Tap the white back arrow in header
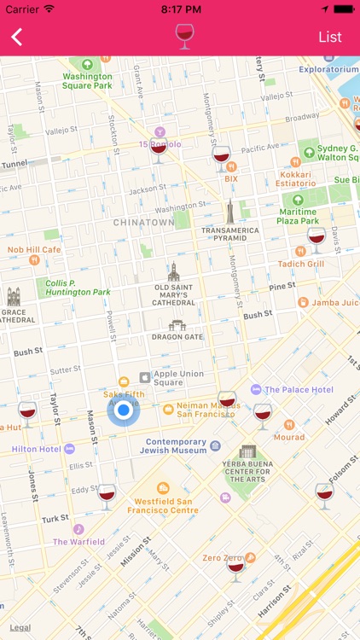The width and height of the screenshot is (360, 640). tap(17, 37)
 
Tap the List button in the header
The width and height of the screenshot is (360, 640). tap(330, 37)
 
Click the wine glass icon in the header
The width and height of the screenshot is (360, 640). tap(183, 36)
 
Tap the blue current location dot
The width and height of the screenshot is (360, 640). tap(124, 410)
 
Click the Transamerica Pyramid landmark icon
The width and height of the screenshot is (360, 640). tap(229, 212)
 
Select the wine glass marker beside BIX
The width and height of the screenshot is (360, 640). tap(221, 159)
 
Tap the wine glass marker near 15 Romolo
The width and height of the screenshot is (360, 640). tap(159, 152)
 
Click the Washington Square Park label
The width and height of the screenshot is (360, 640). tap(87, 80)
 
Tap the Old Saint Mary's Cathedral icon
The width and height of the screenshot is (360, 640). tap(174, 271)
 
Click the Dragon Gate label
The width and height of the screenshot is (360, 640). tap(177, 336)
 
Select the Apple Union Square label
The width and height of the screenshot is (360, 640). tap(179, 376)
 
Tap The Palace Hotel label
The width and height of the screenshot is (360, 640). tap(298, 389)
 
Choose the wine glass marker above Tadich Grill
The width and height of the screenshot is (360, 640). tap(316, 239)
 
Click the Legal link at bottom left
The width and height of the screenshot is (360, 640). tap(20, 627)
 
